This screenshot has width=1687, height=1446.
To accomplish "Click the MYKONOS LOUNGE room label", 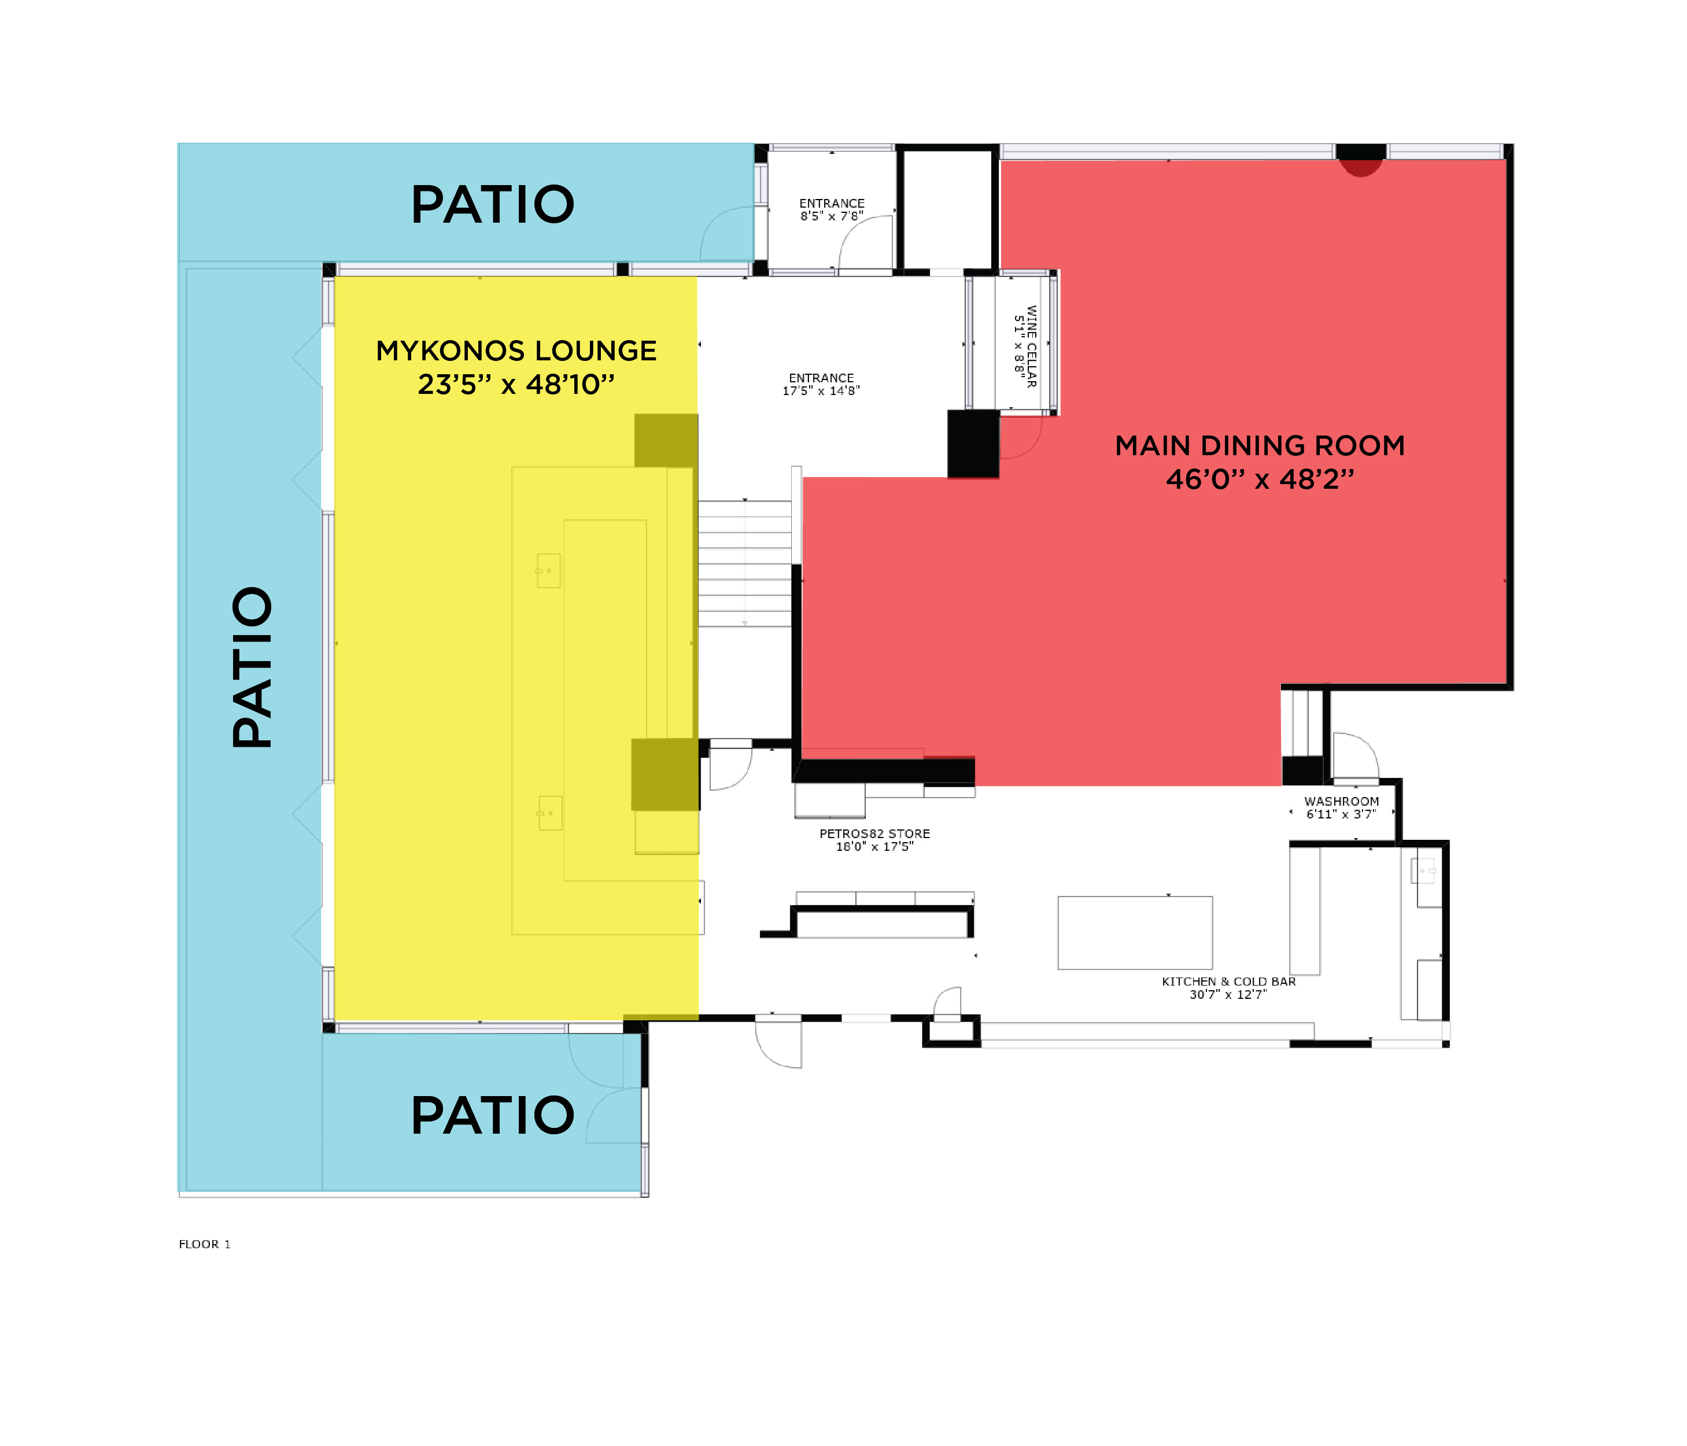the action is pyautogui.click(x=516, y=351).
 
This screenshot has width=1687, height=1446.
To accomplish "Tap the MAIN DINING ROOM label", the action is pyautogui.click(x=1260, y=445).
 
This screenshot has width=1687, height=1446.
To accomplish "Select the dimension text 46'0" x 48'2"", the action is pyautogui.click(x=1260, y=479).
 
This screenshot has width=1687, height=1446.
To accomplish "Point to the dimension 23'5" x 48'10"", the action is pyautogui.click(x=516, y=383).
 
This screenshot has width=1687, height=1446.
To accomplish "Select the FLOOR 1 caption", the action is pyautogui.click(x=204, y=1244).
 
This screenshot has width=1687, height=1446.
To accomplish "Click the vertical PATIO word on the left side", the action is pyautogui.click(x=252, y=667).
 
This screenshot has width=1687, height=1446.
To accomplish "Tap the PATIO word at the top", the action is pyautogui.click(x=493, y=204).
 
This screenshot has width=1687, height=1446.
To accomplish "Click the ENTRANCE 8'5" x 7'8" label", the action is pyautogui.click(x=831, y=209).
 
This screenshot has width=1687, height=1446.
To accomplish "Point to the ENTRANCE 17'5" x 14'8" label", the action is pyautogui.click(x=821, y=384).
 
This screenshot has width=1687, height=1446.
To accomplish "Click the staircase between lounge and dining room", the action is pyautogui.click(x=744, y=563).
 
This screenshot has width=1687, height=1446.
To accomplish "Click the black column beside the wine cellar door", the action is pyautogui.click(x=973, y=444).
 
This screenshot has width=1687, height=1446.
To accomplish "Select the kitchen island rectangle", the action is pyautogui.click(x=1135, y=933).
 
